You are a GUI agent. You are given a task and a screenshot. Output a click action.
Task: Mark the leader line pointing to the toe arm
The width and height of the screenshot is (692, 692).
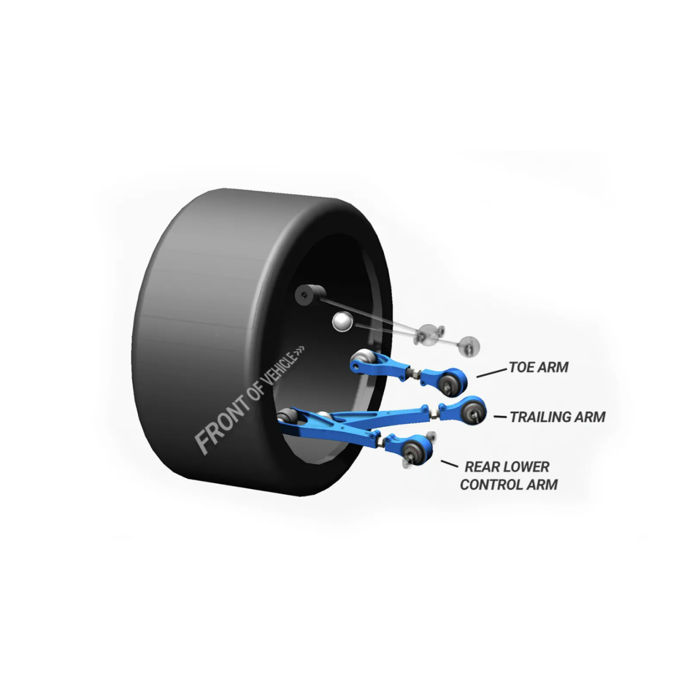(x=492, y=373)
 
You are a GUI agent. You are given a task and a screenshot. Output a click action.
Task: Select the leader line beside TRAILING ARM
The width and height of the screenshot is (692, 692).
(x=500, y=417)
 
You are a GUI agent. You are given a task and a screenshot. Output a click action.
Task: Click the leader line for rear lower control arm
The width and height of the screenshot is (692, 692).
(x=450, y=464)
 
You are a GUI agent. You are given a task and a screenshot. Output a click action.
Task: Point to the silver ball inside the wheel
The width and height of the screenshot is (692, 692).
(x=342, y=321)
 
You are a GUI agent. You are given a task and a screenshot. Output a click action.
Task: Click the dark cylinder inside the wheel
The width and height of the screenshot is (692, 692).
(x=310, y=295)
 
